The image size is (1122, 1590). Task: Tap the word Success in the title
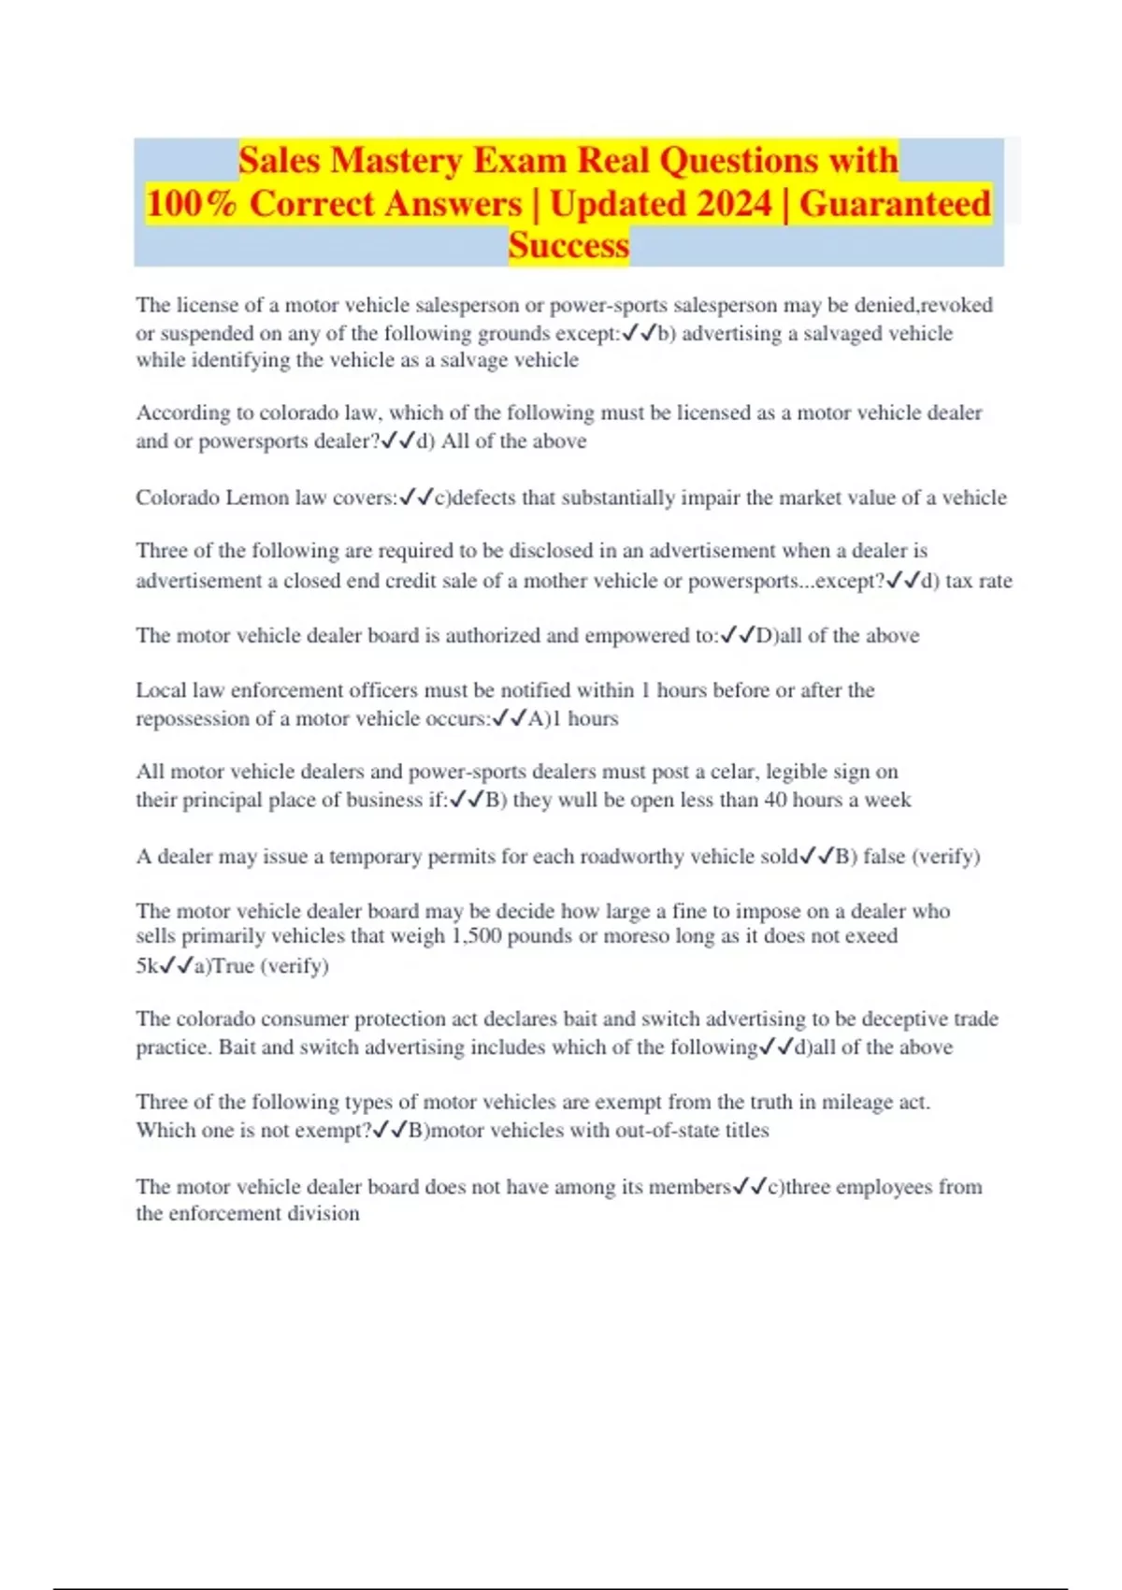568,246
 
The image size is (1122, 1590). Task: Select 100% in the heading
192,204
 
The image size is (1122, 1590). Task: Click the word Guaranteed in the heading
895,204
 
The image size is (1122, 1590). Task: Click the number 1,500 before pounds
476,936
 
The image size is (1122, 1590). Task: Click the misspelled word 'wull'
577,800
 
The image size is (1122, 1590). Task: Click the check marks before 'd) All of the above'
398,441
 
